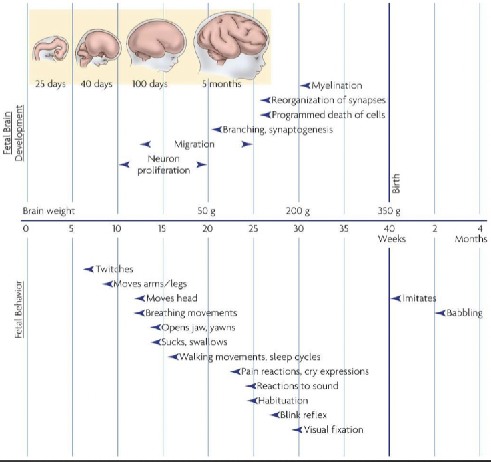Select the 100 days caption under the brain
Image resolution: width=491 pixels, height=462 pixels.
click(x=149, y=85)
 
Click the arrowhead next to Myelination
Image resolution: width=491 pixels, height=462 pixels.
click(x=305, y=85)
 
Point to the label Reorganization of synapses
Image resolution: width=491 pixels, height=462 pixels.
click(x=328, y=100)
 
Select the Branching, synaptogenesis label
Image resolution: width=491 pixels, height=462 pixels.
click(x=277, y=130)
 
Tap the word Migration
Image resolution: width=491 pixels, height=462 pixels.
click(x=194, y=144)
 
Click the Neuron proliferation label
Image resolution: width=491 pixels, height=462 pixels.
click(x=163, y=164)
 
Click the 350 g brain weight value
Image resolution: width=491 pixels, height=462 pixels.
click(x=389, y=212)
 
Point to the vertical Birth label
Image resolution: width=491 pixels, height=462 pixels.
click(x=396, y=183)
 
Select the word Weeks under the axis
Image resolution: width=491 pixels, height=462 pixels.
click(x=392, y=239)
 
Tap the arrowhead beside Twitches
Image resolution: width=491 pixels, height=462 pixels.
click(x=88, y=269)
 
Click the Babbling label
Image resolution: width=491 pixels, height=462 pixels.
click(x=464, y=313)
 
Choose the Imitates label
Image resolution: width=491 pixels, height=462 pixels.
click(x=419, y=298)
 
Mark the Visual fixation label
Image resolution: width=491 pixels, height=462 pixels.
click(x=333, y=430)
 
